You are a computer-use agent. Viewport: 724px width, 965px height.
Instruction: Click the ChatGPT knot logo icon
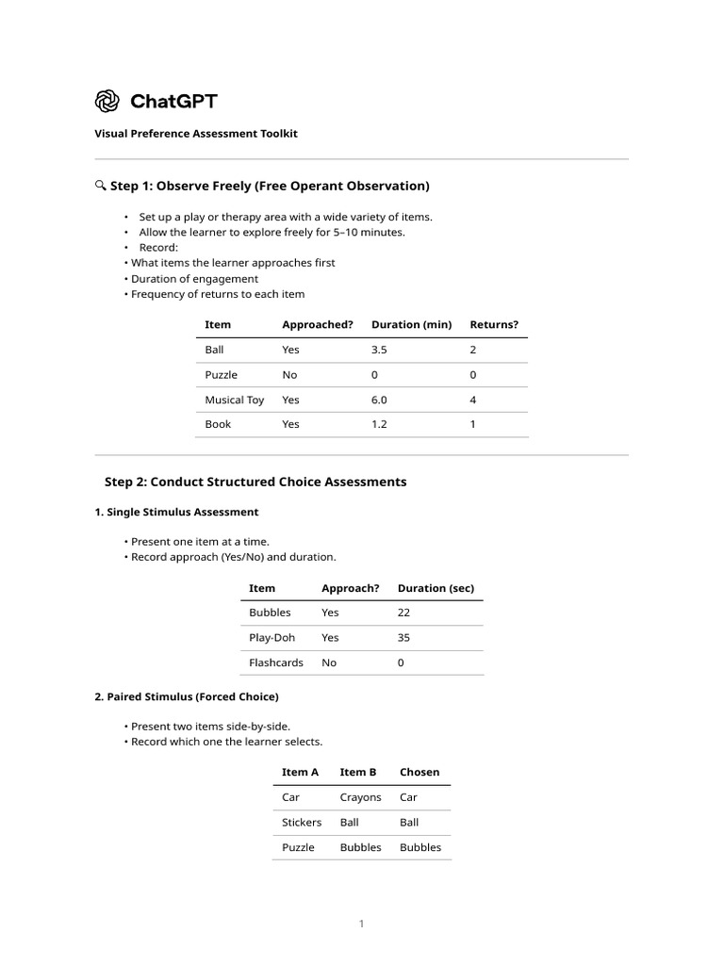107,101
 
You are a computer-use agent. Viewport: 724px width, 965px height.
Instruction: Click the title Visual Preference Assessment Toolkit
195,134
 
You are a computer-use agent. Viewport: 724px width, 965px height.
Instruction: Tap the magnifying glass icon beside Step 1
100,186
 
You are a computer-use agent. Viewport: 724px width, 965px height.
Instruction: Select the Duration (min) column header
411,325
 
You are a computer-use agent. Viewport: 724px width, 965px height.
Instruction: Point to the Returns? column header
494,325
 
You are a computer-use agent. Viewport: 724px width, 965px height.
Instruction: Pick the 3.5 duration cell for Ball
379,350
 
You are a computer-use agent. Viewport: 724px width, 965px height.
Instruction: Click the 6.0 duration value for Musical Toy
379,400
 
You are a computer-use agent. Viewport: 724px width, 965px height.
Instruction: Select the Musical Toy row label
235,400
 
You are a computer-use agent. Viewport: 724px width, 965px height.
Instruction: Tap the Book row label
218,424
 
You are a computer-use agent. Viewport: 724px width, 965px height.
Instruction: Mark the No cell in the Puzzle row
289,375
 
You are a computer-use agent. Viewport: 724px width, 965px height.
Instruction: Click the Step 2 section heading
255,482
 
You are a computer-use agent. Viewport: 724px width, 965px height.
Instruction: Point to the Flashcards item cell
275,662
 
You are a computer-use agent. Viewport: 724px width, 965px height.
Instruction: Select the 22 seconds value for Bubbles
404,613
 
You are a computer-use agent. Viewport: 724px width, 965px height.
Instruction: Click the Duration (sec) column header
436,588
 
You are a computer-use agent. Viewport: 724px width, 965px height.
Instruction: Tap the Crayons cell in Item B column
360,797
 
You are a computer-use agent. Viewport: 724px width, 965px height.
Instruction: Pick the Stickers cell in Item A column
302,822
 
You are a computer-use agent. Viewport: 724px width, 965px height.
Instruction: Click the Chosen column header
420,772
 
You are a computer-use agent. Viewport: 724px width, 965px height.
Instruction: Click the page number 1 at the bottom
361,924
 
